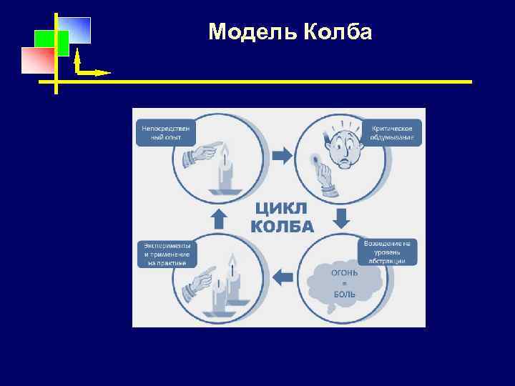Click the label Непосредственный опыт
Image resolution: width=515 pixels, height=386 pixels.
coord(165,132)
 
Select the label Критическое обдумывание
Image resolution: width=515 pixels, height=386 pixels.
coord(393,132)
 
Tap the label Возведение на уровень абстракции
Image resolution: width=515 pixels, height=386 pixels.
coord(387,252)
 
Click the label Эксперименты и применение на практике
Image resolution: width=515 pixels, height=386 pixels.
coord(165,254)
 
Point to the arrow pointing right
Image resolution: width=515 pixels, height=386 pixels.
coord(283,154)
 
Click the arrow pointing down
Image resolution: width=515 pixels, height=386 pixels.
coord(341,218)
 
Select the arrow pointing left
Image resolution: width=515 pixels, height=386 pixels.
coord(283,276)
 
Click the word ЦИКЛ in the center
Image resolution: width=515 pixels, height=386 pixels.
coord(282,209)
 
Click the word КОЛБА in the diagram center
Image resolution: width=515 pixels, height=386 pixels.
coord(282,227)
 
